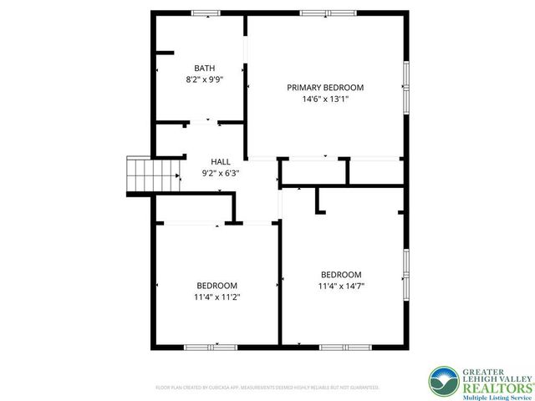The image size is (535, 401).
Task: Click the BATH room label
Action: click(205, 68)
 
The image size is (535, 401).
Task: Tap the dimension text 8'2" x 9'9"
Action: click(205, 79)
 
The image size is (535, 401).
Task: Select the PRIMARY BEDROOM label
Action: click(325, 87)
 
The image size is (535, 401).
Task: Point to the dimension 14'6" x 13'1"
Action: click(325, 99)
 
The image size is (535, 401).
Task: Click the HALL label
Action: click(221, 161)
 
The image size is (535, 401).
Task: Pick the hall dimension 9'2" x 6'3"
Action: click(221, 173)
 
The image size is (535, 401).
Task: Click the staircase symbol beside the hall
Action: click(140, 174)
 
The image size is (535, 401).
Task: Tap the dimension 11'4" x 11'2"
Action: click(217, 297)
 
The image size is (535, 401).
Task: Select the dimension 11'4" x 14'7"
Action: click(341, 287)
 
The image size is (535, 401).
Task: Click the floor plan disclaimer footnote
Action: click(267, 388)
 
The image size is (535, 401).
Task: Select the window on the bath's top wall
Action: click(205, 13)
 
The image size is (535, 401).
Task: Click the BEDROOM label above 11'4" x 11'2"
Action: click(217, 285)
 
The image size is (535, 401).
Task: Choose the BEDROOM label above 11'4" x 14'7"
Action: click(341, 275)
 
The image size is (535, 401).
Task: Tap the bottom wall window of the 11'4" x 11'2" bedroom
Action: click(199, 347)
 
